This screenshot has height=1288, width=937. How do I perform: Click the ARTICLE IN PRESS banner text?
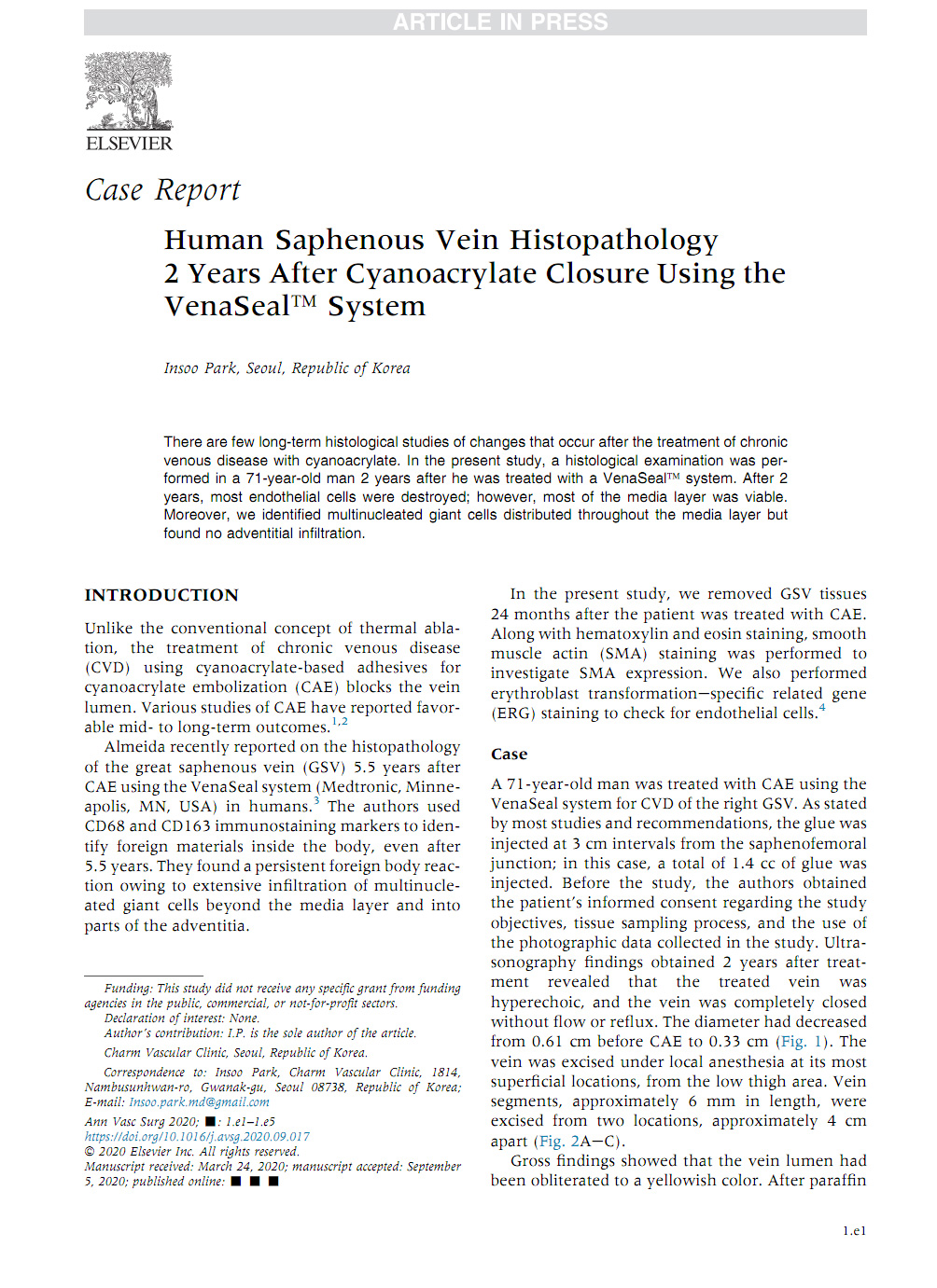pyautogui.click(x=499, y=22)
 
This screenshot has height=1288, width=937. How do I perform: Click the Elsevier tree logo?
pyautogui.click(x=129, y=91)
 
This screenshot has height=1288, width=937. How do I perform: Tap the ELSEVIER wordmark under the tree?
pyautogui.click(x=129, y=144)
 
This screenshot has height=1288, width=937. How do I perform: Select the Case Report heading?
pyautogui.click(x=162, y=190)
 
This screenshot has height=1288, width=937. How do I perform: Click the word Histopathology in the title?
pyautogui.click(x=613, y=241)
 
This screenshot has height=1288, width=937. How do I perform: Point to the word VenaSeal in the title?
pyautogui.click(x=227, y=307)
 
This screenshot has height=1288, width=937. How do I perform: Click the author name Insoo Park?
pyautogui.click(x=200, y=368)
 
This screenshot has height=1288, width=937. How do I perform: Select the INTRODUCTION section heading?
pyautogui.click(x=161, y=595)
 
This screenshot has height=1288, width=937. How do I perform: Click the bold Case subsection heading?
pyautogui.click(x=509, y=754)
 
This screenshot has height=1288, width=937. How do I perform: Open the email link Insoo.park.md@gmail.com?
pyautogui.click(x=199, y=1102)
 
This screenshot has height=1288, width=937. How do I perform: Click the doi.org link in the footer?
pyautogui.click(x=197, y=1137)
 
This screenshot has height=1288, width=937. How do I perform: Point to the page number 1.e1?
pyautogui.click(x=854, y=1231)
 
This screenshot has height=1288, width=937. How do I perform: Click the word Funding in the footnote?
pyautogui.click(x=127, y=989)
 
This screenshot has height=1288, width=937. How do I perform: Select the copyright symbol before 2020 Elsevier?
pyautogui.click(x=90, y=1152)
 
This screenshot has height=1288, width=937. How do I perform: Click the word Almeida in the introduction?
pyautogui.click(x=136, y=747)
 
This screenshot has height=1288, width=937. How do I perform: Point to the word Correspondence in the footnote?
pyautogui.click(x=145, y=1073)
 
